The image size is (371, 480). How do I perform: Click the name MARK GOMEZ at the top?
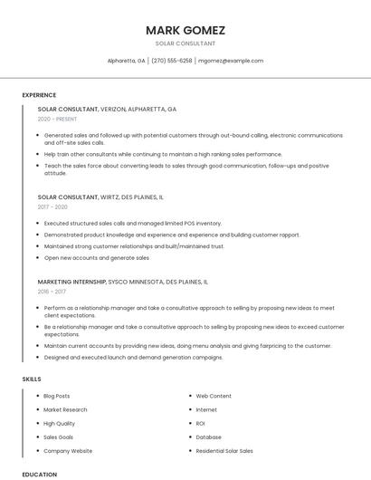pyautogui.click(x=185, y=30)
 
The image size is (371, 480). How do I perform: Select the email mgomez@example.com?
pyautogui.click(x=231, y=61)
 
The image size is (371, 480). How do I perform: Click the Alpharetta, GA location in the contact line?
pyautogui.click(x=126, y=61)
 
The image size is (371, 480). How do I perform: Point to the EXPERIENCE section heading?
pyautogui.click(x=39, y=95)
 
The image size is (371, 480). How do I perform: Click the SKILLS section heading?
pyautogui.click(x=31, y=379)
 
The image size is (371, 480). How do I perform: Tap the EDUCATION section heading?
pyautogui.click(x=39, y=474)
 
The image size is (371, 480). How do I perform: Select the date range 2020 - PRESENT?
pyautogui.click(x=57, y=119)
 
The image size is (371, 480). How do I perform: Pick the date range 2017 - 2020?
pyautogui.click(x=52, y=206)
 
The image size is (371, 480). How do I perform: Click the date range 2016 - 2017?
pyautogui.click(x=52, y=292)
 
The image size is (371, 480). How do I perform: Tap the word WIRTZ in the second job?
pyautogui.click(x=110, y=197)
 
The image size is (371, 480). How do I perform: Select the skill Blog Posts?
pyautogui.click(x=57, y=396)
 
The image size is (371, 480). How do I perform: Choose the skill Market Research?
pyautogui.click(x=65, y=409)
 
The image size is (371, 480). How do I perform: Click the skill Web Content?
pyautogui.click(x=214, y=396)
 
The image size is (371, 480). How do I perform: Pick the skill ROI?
pyautogui.click(x=201, y=423)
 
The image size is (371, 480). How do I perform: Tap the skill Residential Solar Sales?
pyautogui.click(x=224, y=450)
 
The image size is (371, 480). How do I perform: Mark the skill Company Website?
pyautogui.click(x=68, y=450)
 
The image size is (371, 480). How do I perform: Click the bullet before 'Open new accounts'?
pyautogui.click(x=39, y=258)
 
